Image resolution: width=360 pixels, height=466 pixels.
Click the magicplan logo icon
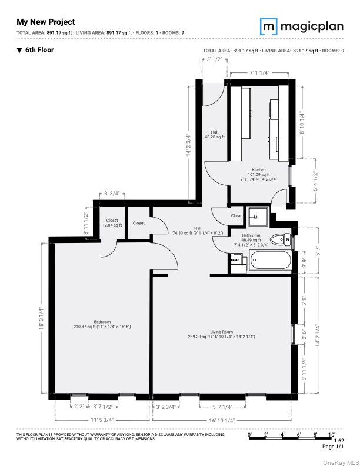point(269,26)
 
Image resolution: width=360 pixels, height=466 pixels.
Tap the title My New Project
point(45,22)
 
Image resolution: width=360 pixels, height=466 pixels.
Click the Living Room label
point(222,334)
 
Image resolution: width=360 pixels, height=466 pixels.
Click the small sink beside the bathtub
point(238,259)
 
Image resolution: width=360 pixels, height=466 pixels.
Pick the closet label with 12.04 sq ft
point(112,222)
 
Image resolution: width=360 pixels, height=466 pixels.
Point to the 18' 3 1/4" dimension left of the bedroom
point(42,319)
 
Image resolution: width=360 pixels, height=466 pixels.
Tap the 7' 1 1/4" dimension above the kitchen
point(259,72)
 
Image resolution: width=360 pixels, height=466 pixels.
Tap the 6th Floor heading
point(39,50)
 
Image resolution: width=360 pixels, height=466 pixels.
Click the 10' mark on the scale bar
point(331,434)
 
